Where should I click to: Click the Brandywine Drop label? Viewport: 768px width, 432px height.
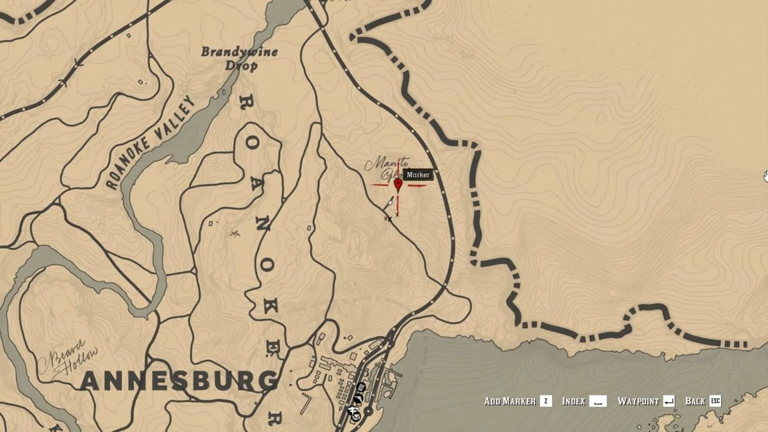[239, 58]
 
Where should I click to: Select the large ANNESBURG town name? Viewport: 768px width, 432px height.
[179, 381]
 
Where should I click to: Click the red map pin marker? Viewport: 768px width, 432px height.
[398, 185]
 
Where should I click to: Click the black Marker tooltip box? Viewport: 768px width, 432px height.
[418, 174]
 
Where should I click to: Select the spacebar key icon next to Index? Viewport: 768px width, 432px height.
[597, 401]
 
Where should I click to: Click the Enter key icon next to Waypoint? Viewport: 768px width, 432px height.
[668, 401]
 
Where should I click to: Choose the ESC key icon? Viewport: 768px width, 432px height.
[715, 401]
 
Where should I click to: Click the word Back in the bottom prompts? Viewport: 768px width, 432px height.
[694, 401]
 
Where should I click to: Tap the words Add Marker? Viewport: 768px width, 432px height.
[509, 401]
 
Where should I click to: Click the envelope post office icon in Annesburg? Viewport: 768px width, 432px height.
[356, 417]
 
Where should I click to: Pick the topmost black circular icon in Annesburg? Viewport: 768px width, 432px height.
[361, 387]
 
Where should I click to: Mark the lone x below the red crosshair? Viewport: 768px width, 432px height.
[397, 215]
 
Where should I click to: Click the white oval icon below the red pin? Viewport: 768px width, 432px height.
[390, 202]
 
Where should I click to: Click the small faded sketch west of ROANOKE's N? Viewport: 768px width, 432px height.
[234, 233]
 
